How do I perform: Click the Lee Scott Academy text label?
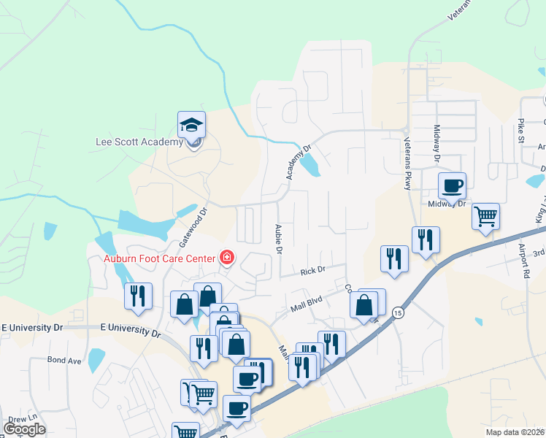(x=139, y=142)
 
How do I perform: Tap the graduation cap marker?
(x=192, y=126)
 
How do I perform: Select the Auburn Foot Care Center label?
(x=159, y=258)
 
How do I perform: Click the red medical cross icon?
(x=226, y=258)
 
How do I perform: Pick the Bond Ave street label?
(x=64, y=360)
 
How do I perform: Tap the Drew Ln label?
(x=23, y=418)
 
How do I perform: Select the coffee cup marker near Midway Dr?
(x=452, y=185)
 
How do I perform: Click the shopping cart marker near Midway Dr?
(x=485, y=215)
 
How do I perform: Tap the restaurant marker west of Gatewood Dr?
(x=138, y=296)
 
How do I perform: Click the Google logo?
(x=24, y=429)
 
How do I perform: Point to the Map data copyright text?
(x=515, y=432)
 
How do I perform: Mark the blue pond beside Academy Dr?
(x=309, y=164)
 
